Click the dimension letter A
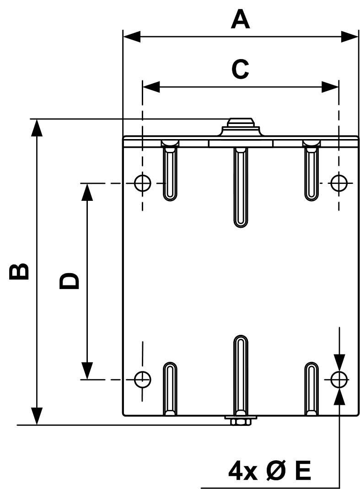point(241,21)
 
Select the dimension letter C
point(240,70)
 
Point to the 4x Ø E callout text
point(269,471)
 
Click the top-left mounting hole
point(143,183)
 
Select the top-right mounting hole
point(339,183)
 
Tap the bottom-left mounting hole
point(142,379)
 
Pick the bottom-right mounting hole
point(339,379)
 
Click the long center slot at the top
point(241,185)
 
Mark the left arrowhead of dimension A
point(131,37)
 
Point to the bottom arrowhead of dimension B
point(37,416)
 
